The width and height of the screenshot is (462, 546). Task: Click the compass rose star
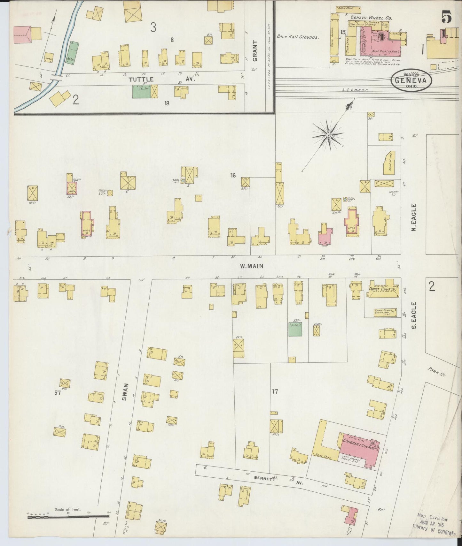(x=328, y=135)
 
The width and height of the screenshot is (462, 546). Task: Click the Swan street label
(x=125, y=392)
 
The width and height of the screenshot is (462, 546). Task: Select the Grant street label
(x=255, y=51)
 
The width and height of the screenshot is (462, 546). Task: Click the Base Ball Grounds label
(x=298, y=37)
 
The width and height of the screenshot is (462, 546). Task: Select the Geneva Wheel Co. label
(x=371, y=18)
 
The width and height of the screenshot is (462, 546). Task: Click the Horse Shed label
(x=324, y=457)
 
